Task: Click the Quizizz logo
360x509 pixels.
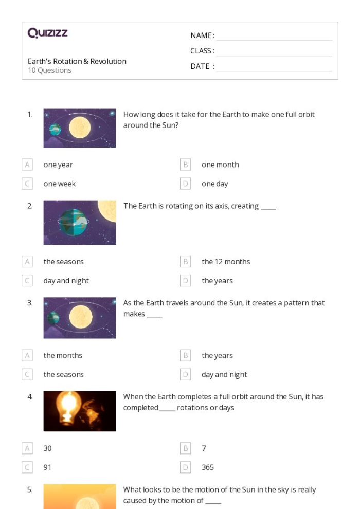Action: [x=47, y=33]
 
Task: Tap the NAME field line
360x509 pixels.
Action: [x=274, y=36]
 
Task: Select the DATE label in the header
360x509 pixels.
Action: [x=202, y=66]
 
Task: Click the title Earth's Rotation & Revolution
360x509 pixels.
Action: [x=77, y=61]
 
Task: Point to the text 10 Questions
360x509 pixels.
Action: [x=49, y=70]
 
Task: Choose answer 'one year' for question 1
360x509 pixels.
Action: [x=58, y=165]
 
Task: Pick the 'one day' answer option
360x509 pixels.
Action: [x=214, y=184]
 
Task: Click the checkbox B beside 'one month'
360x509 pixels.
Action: [x=186, y=165]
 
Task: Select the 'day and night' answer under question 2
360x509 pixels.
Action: [x=66, y=281]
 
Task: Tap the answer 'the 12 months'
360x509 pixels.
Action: [x=226, y=262]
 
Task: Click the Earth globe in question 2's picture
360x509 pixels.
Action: [x=73, y=222]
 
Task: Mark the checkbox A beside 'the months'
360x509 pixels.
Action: [x=27, y=356]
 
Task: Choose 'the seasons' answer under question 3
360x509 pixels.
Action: [x=63, y=375]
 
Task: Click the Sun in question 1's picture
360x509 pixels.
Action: [x=80, y=128]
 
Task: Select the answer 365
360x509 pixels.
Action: [x=208, y=467]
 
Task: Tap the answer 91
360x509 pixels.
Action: [x=47, y=467]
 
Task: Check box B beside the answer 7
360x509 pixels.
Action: [x=186, y=448]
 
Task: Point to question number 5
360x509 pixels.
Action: [x=30, y=490]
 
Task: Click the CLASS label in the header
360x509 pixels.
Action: [x=202, y=51]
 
